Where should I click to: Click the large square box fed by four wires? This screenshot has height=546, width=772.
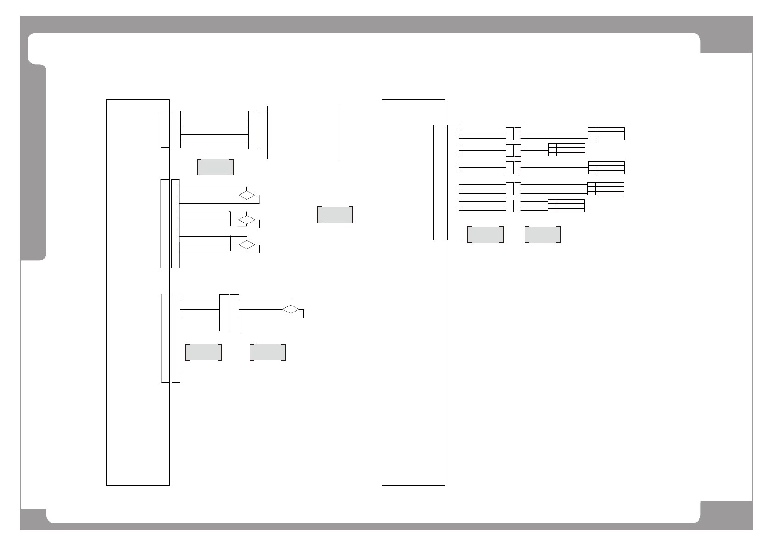(304, 132)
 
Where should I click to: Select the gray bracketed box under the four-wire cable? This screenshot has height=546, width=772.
(215, 167)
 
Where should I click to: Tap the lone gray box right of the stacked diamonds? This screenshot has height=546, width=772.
(335, 215)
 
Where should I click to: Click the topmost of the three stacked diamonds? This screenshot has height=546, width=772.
(246, 195)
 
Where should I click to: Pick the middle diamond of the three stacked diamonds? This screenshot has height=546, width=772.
(246, 220)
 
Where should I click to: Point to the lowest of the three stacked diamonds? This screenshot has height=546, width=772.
(246, 245)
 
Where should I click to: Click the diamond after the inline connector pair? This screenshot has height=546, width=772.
(291, 309)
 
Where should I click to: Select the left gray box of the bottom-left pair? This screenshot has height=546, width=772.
(204, 352)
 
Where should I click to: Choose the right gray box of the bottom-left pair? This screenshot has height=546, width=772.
(268, 352)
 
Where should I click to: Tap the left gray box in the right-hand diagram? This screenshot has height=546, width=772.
(486, 234)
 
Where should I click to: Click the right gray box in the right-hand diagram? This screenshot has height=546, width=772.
(543, 234)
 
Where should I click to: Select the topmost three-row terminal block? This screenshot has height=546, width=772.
(606, 134)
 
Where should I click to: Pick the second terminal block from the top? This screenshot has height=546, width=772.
(566, 150)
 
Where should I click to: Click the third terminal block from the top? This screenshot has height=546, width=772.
(606, 167)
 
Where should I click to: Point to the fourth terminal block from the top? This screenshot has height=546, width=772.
(606, 189)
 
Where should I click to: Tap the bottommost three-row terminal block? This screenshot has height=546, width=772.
(566, 206)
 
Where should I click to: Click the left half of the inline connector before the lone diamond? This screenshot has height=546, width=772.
(224, 312)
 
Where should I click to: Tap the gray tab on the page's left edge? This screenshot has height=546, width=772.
(34, 163)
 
